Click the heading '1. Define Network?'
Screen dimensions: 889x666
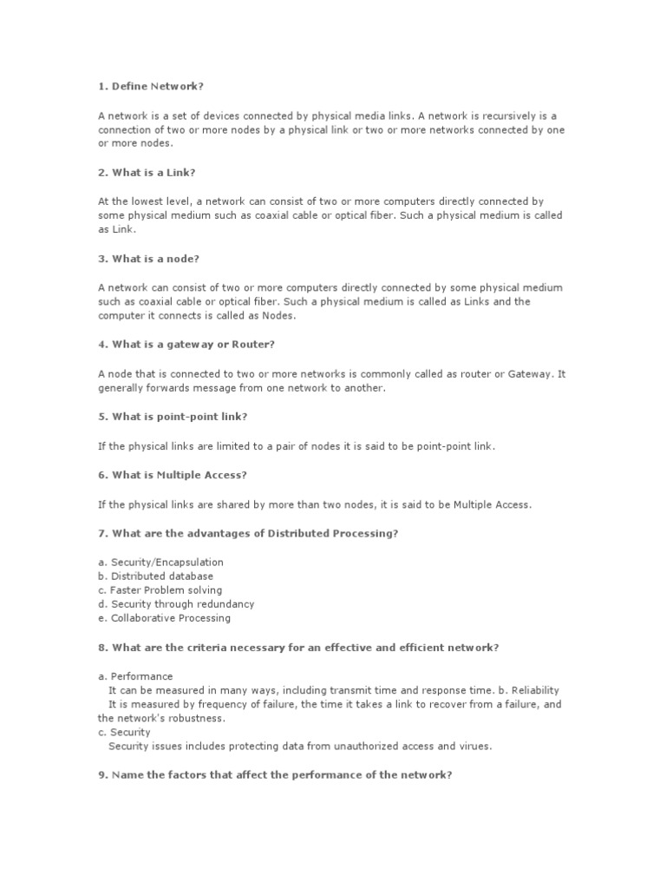pos(151,87)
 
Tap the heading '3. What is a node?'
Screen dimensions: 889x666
pos(153,259)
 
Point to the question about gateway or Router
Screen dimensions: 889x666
pos(186,345)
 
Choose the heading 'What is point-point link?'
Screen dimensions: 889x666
pos(173,417)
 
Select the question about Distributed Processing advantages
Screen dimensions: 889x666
pos(248,533)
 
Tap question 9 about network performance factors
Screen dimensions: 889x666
pos(275,774)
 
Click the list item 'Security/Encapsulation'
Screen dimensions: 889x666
pos(160,562)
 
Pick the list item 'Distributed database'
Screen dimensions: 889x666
pos(155,576)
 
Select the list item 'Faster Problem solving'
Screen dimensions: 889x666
pos(160,590)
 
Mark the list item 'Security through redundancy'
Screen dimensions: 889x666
pos(176,604)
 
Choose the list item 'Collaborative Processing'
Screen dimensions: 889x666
pos(164,618)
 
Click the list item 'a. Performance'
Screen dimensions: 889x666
pos(135,675)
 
